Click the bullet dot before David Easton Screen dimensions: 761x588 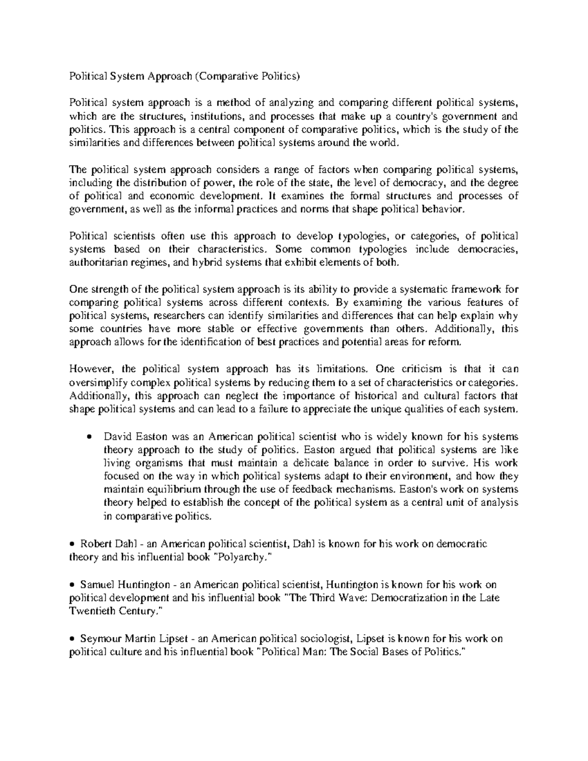(89, 437)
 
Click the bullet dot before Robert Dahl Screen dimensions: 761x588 (73, 544)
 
